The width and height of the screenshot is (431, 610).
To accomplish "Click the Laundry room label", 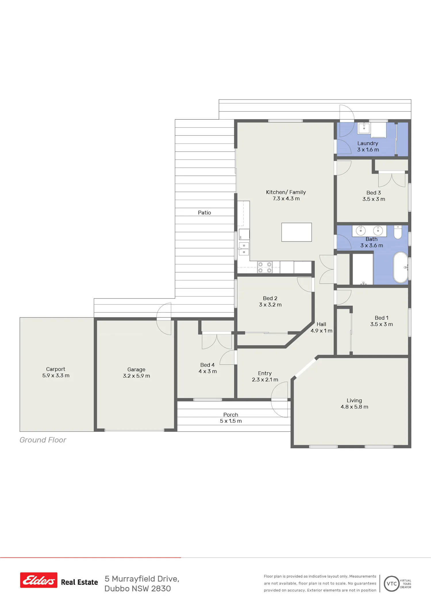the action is [368, 143].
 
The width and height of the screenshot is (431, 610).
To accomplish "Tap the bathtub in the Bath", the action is [401, 267].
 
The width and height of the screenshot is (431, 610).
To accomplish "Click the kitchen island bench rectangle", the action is [297, 232].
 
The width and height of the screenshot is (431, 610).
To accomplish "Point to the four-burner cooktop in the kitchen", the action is [265, 267].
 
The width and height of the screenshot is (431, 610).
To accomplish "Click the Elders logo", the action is [39, 580].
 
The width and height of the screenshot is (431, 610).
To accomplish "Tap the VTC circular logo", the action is [392, 584].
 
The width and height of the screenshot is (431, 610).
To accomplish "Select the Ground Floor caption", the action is [43, 440].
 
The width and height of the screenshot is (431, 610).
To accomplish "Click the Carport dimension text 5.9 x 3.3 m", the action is [56, 375].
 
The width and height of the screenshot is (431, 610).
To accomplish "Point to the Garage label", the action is [136, 369].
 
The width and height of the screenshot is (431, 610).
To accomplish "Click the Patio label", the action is [204, 212].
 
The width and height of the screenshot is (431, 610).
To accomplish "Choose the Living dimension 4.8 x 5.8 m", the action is [354, 407].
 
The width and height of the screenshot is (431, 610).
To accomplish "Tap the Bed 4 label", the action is [207, 365].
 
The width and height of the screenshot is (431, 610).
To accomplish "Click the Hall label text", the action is [321, 324].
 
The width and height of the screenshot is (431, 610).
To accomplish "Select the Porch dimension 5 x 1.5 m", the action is [231, 421].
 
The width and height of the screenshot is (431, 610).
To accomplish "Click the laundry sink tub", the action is [364, 128].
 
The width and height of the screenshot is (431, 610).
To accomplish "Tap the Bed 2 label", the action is [270, 298].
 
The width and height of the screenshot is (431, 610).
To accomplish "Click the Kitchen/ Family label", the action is [286, 192].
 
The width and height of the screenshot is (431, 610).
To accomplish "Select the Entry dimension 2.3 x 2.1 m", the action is [265, 379].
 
